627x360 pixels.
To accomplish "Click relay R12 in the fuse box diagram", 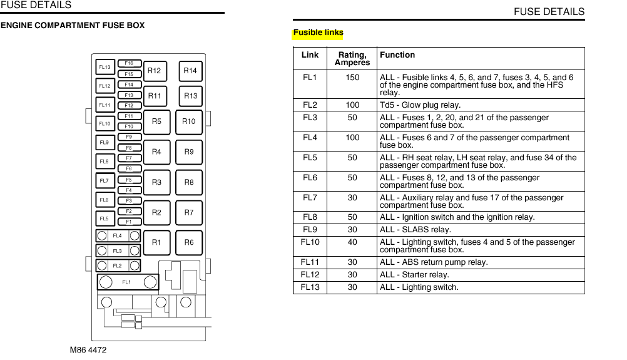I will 154,71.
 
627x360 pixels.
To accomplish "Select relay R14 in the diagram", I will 190,71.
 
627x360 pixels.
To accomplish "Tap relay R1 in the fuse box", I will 156,243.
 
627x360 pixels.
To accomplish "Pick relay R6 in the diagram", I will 189,243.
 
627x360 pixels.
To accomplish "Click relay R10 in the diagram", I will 189,122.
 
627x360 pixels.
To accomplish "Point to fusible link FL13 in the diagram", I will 104,67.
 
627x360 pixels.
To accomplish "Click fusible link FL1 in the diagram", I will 127,282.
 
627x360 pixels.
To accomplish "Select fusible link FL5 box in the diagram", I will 104,219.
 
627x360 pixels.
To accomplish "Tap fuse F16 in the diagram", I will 129,63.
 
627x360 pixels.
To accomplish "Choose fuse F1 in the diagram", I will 129,222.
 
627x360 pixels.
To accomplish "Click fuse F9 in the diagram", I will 129,137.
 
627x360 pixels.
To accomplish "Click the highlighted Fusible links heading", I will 318,33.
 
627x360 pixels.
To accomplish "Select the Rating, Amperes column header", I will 352,58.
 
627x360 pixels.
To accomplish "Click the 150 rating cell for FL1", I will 352,78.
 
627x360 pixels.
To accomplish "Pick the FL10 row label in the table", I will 310,242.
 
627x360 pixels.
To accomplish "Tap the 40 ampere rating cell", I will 352,242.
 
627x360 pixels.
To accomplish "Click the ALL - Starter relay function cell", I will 414,275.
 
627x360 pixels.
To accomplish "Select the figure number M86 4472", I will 88,350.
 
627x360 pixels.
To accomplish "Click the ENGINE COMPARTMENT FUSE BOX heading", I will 73,26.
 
